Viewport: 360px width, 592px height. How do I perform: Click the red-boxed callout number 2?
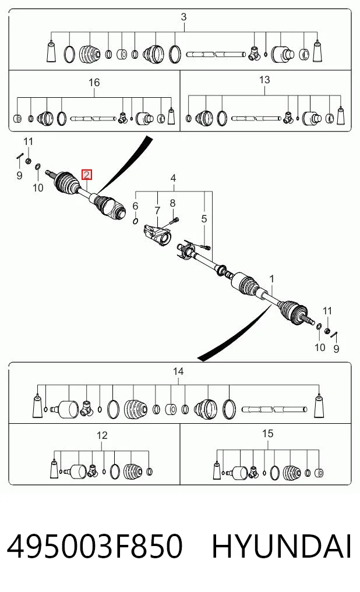pos(87,175)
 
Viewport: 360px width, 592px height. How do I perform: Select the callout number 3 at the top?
pos(183,17)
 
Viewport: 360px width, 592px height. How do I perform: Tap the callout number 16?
pos(94,82)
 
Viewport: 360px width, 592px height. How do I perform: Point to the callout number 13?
pos(264,80)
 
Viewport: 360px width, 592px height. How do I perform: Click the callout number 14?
pos(178,371)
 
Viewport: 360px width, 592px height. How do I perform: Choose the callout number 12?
pos(102,435)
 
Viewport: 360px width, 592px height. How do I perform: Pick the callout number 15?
pos(267,434)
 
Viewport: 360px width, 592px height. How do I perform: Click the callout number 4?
pos(173,178)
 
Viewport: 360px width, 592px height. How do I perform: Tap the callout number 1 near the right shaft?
pos(271,279)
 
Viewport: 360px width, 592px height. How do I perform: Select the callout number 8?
pos(172,203)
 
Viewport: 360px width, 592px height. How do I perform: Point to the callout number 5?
pos(204,219)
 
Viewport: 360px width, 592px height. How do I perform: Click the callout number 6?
pos(135,205)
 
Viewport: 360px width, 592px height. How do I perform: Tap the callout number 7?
pos(157,211)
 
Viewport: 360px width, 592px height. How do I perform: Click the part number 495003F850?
pos(95,546)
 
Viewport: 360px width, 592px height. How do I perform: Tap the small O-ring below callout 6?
pos(135,221)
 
